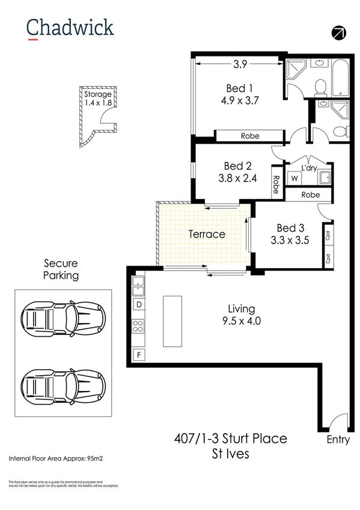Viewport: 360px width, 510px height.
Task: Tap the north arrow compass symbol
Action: tap(339, 32)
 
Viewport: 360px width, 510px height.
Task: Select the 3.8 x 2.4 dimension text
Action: tap(237, 177)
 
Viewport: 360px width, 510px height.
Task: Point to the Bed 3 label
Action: tap(290, 228)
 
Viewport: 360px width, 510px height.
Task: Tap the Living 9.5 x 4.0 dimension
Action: tap(241, 321)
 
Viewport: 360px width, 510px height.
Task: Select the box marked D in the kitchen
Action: tap(139, 305)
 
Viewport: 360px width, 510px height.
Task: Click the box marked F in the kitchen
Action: tap(139, 355)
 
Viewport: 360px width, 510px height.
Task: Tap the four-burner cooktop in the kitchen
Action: tap(139, 328)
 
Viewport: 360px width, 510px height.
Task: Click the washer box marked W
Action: tap(294, 179)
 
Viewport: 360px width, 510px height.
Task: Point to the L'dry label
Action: tap(309, 167)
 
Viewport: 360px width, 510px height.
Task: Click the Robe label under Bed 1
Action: tap(250, 136)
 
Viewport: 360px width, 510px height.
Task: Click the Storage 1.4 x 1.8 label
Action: tap(97, 99)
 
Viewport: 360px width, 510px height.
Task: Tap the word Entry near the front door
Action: tap(338, 439)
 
